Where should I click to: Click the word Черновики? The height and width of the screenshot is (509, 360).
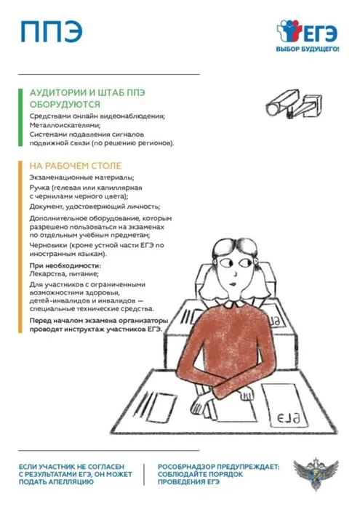click(50, 245)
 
